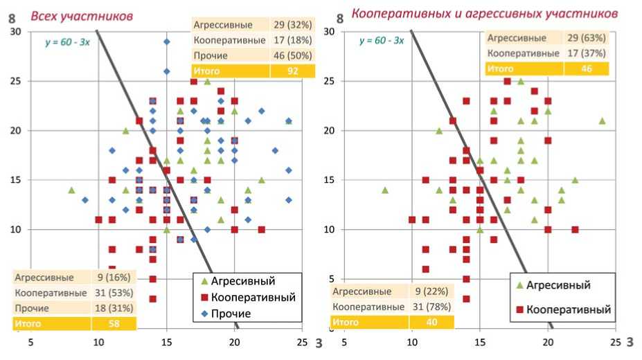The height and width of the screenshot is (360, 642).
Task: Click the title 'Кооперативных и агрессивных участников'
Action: pos(485,12)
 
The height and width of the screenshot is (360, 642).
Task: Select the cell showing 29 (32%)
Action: pos(292,25)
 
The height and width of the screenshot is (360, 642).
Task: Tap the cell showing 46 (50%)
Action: pos(292,55)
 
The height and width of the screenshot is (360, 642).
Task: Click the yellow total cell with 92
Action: pos(292,71)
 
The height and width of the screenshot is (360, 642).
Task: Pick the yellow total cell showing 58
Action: pos(114,323)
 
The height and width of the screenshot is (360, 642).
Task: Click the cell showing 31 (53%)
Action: pos(114,293)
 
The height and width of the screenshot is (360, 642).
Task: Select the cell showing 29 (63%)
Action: pos(586,38)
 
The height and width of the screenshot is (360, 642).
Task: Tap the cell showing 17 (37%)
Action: pos(586,53)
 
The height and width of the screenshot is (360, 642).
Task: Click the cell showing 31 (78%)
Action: pos(431,307)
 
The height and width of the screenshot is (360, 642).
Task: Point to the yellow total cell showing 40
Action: pos(431,322)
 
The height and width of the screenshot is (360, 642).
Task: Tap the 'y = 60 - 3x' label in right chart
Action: pos(382,40)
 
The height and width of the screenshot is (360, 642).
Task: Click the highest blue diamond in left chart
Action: pos(166,42)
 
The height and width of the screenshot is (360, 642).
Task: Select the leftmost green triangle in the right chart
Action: pos(385,190)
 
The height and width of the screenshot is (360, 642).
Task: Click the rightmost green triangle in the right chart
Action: pos(602,120)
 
